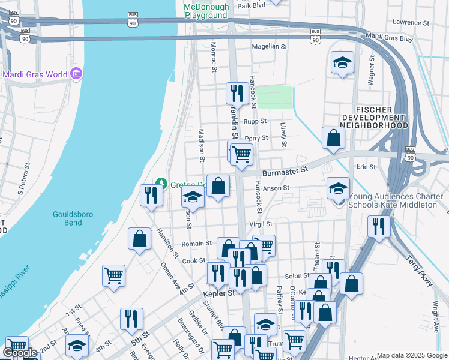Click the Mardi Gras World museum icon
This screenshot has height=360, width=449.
click(76, 74)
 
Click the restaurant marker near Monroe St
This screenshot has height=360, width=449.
click(236, 93)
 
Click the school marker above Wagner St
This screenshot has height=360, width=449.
click(342, 62)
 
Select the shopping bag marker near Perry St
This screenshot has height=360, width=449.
click(333, 138)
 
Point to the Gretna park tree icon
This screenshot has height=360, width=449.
click(160, 182)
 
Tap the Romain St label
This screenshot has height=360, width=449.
click(197, 244)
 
